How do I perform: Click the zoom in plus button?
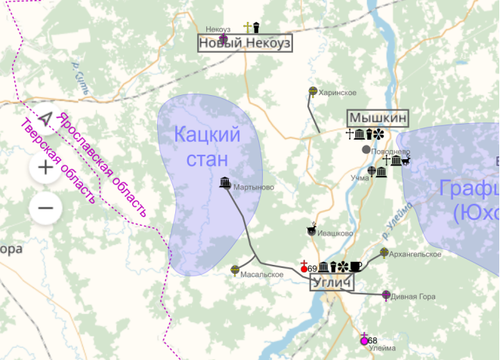[x=45, y=167]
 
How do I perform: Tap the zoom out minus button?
[x=45, y=207]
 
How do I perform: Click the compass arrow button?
[x=45, y=120]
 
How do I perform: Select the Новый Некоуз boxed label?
[x=244, y=44]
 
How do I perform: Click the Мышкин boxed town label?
[x=378, y=118]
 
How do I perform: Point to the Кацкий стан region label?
[x=207, y=148]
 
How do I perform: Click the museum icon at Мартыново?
[x=224, y=182]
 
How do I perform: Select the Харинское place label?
[x=338, y=92]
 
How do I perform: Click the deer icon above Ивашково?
[x=310, y=226]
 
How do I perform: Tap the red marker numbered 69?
[x=304, y=268]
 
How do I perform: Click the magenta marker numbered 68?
[x=364, y=340]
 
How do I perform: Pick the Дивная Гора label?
[x=416, y=297]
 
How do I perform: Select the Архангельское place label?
[x=418, y=254]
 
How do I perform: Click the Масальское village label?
[x=262, y=274]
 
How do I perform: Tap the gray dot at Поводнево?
[x=366, y=149]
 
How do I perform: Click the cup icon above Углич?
[x=356, y=266]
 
